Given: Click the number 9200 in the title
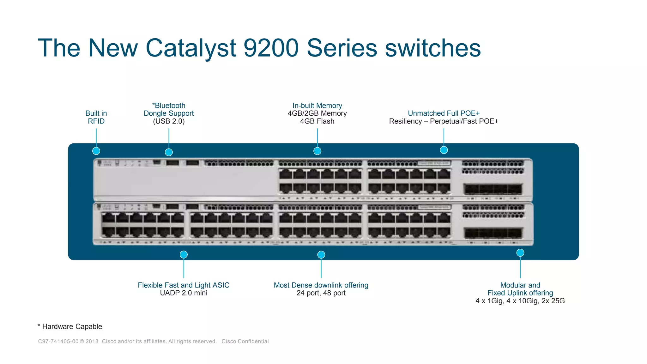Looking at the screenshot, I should tap(271, 48).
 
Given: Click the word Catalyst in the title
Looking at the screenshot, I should tap(190, 48).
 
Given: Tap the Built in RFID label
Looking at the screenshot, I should tap(96, 117).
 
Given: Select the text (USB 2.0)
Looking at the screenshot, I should tap(169, 121).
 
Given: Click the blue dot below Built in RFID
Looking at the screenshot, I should tap(96, 151).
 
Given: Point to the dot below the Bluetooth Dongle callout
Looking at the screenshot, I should tap(169, 152).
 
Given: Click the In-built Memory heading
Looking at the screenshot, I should tap(317, 106).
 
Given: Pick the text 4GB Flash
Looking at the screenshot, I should tap(317, 121).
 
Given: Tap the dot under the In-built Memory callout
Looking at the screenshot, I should tap(317, 151).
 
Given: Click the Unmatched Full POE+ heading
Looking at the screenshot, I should tap(444, 113).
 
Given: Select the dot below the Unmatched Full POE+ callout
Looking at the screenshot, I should tap(444, 150).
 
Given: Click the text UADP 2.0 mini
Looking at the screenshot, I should tap(184, 293).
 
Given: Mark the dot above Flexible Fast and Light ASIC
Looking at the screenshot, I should tap(184, 255).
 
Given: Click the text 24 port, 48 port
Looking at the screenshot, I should tap(321, 293).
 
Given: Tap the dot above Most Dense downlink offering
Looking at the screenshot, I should tap(321, 255).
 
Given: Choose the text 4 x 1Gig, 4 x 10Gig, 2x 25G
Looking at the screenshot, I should tap(520, 301).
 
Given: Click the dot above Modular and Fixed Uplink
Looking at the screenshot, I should tap(520, 253).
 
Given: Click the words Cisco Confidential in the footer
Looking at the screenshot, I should tap(245, 341).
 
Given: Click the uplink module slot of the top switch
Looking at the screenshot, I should tap(493, 189).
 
